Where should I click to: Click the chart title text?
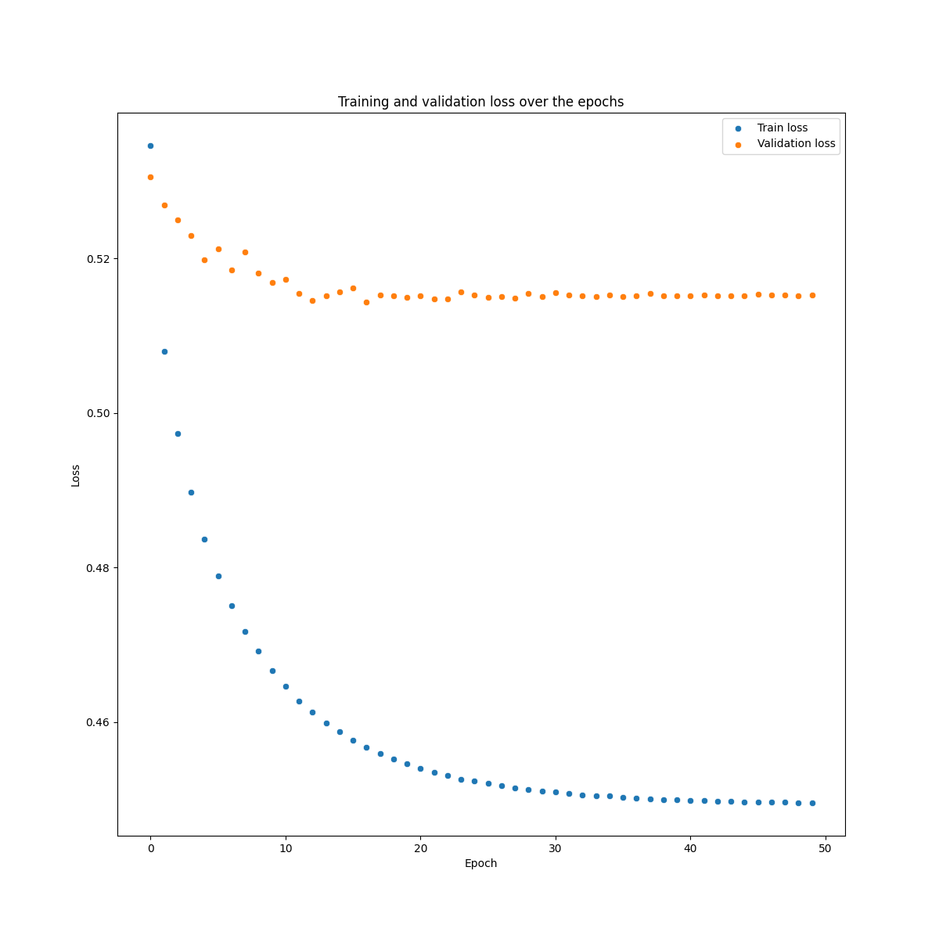pyautogui.click(x=480, y=102)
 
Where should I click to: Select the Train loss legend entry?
pyautogui.click(x=782, y=128)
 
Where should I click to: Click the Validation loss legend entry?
pyautogui.click(x=796, y=144)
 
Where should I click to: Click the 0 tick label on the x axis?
pyautogui.click(x=151, y=848)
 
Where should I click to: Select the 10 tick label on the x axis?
pyautogui.click(x=286, y=848)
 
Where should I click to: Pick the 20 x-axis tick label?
pyautogui.click(x=420, y=848)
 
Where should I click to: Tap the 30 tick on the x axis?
pyautogui.click(x=556, y=848)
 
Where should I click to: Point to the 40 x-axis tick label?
pyautogui.click(x=690, y=848)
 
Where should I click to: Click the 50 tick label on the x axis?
pyautogui.click(x=825, y=848)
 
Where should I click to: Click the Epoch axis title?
pyautogui.click(x=480, y=864)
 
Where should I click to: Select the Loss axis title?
pyautogui.click(x=76, y=475)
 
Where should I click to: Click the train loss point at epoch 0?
pyautogui.click(x=150, y=146)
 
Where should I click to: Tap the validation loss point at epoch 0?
pyautogui.click(x=150, y=177)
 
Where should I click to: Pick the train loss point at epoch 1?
pyautogui.click(x=164, y=351)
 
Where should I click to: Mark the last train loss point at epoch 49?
pyautogui.click(x=812, y=803)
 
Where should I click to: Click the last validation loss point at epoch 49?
pyautogui.click(x=812, y=295)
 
